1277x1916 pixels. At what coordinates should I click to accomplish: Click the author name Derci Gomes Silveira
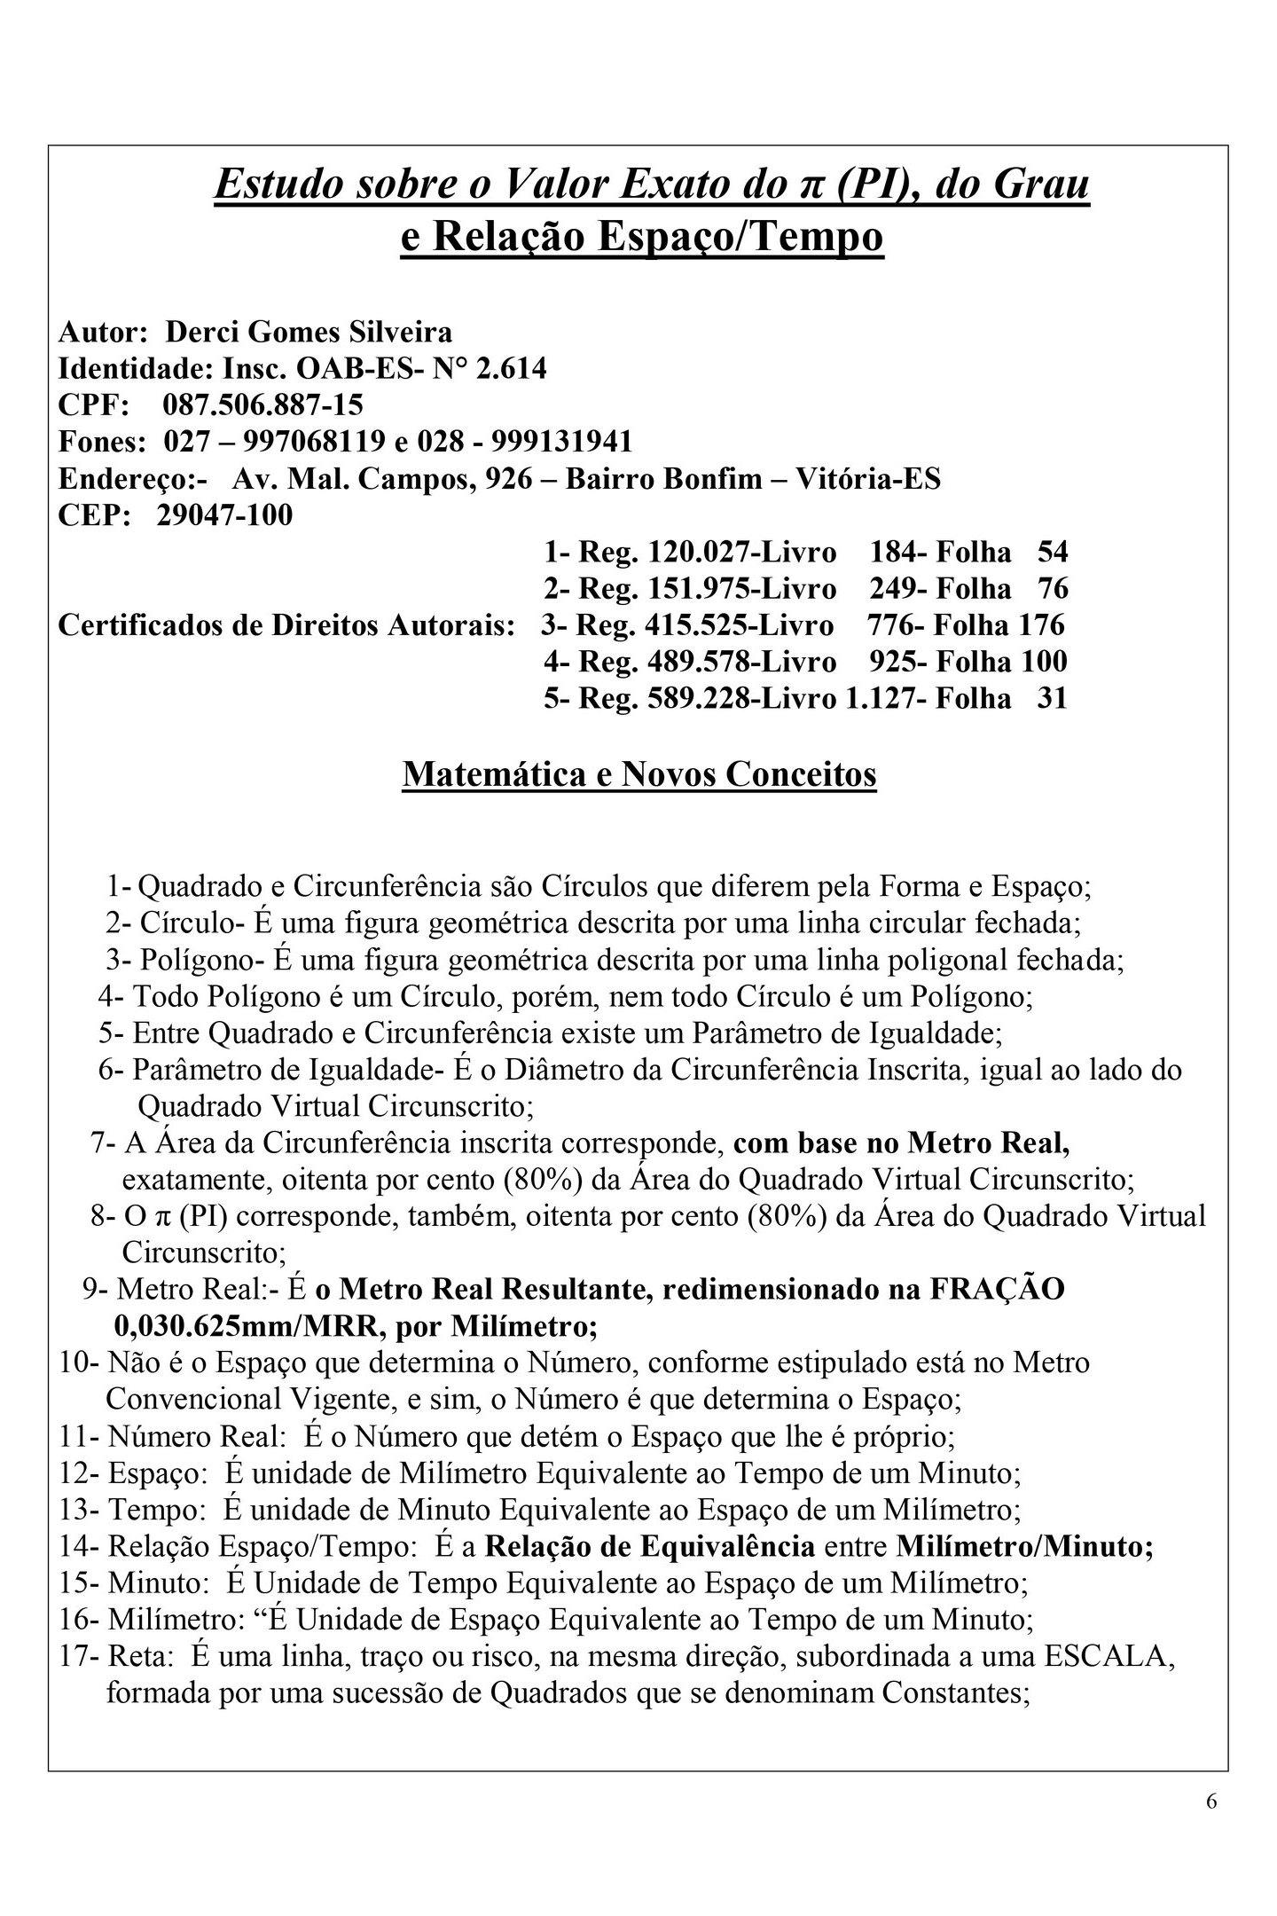pyautogui.click(x=309, y=332)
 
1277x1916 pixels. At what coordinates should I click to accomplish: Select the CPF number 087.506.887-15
pyautogui.click(x=262, y=405)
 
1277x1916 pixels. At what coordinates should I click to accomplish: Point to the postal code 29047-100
pyautogui.click(x=224, y=514)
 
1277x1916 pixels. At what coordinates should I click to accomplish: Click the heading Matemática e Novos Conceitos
pyautogui.click(x=639, y=774)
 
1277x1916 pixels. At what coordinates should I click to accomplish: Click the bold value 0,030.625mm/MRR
pyautogui.click(x=251, y=1327)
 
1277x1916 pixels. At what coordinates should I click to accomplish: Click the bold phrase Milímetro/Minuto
pyautogui.click(x=1024, y=1547)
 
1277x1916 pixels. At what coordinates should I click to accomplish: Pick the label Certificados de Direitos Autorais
pyautogui.click(x=286, y=625)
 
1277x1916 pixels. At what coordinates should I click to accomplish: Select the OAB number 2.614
pyautogui.click(x=512, y=368)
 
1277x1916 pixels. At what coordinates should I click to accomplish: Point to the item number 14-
pyautogui.click(x=80, y=1547)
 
